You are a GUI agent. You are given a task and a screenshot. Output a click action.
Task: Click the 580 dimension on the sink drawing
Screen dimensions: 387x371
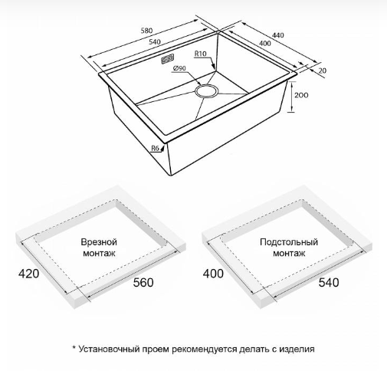tap(146, 31)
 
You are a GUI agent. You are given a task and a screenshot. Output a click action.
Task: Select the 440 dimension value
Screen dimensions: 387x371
tap(277, 35)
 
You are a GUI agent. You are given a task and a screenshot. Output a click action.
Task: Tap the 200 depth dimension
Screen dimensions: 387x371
tap(301, 95)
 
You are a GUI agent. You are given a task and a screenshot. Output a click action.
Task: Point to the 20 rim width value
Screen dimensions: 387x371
tap(323, 71)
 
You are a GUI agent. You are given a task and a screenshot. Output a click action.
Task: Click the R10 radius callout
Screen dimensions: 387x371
tap(200, 54)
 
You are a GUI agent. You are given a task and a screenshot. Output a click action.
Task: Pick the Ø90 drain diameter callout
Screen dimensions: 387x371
tap(179, 68)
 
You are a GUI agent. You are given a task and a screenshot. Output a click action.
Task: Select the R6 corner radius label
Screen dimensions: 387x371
tap(155, 148)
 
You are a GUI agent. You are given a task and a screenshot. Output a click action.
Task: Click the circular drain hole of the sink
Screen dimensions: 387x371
tap(206, 90)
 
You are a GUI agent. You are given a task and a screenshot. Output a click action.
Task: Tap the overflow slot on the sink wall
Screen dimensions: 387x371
tap(168, 59)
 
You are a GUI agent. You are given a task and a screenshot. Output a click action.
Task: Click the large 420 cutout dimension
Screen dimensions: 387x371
tap(28, 274)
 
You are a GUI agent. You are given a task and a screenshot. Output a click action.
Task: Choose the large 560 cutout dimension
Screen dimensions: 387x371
tap(143, 282)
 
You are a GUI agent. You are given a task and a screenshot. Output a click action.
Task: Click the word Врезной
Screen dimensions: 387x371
tap(99, 241)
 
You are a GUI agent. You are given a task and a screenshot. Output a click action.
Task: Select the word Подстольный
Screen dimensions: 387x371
tap(289, 242)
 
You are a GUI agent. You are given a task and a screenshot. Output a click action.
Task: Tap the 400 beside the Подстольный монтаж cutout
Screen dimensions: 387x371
tap(213, 274)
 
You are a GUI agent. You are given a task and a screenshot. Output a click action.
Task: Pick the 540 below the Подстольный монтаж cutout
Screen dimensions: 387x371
tap(329, 282)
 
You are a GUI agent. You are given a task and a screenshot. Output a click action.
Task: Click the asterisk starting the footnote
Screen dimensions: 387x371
tap(74, 347)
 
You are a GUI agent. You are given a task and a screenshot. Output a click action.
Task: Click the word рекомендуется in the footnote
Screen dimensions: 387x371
tap(205, 350)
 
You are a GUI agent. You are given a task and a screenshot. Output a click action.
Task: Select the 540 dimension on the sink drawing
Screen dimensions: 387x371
tap(155, 41)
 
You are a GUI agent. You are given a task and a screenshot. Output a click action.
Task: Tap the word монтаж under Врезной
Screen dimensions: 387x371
tap(99, 253)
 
